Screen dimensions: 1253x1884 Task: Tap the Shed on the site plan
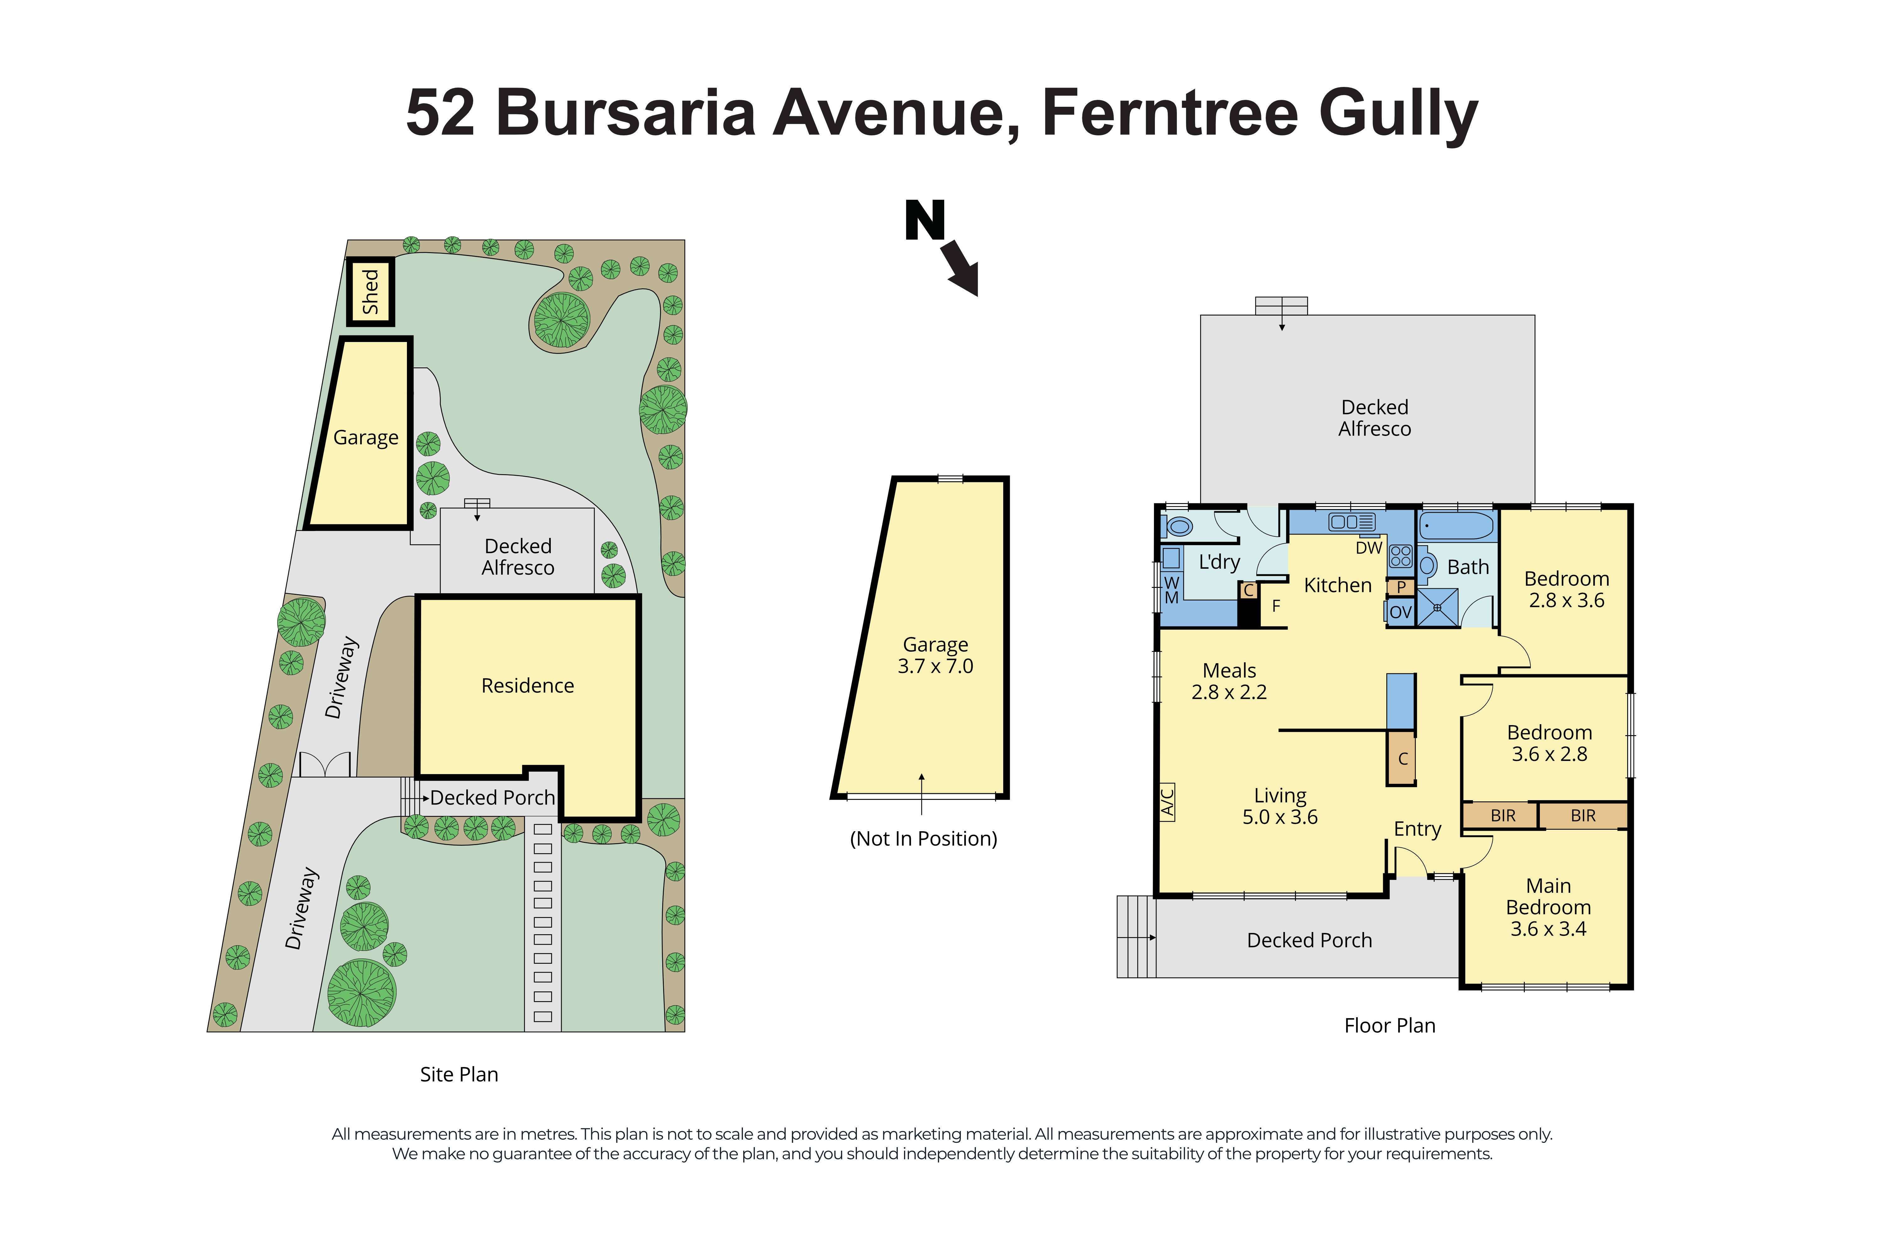[370, 292]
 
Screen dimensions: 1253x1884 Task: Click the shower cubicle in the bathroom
[1437, 607]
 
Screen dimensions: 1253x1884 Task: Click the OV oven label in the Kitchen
[1400, 612]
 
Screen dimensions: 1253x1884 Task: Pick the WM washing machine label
[1171, 590]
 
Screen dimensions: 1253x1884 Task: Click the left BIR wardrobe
[1502, 815]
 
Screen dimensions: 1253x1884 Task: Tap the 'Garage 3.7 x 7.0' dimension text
[935, 655]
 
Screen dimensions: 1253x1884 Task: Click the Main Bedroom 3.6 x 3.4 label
[1548, 907]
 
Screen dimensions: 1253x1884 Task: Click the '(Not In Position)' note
[923, 838]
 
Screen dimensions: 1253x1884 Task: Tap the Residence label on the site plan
[527, 686]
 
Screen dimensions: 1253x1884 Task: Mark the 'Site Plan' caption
[459, 1074]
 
